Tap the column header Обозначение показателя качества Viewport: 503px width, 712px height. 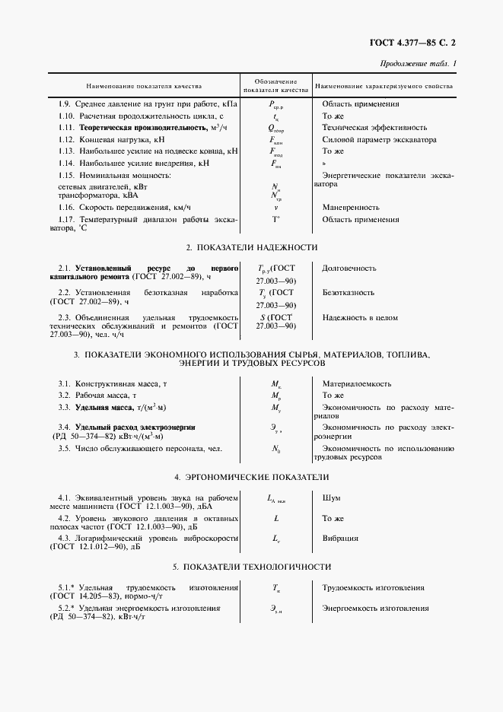(x=275, y=85)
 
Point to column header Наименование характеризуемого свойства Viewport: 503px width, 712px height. (x=384, y=86)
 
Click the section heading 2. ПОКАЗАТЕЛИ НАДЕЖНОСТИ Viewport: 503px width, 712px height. (x=251, y=247)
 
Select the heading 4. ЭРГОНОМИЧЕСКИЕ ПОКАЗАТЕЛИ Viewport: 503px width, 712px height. (x=251, y=477)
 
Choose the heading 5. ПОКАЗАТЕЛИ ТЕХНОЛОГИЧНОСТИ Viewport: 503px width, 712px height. (x=251, y=567)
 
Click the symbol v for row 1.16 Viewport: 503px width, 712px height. (x=275, y=206)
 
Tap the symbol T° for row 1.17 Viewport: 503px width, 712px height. (x=275, y=219)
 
